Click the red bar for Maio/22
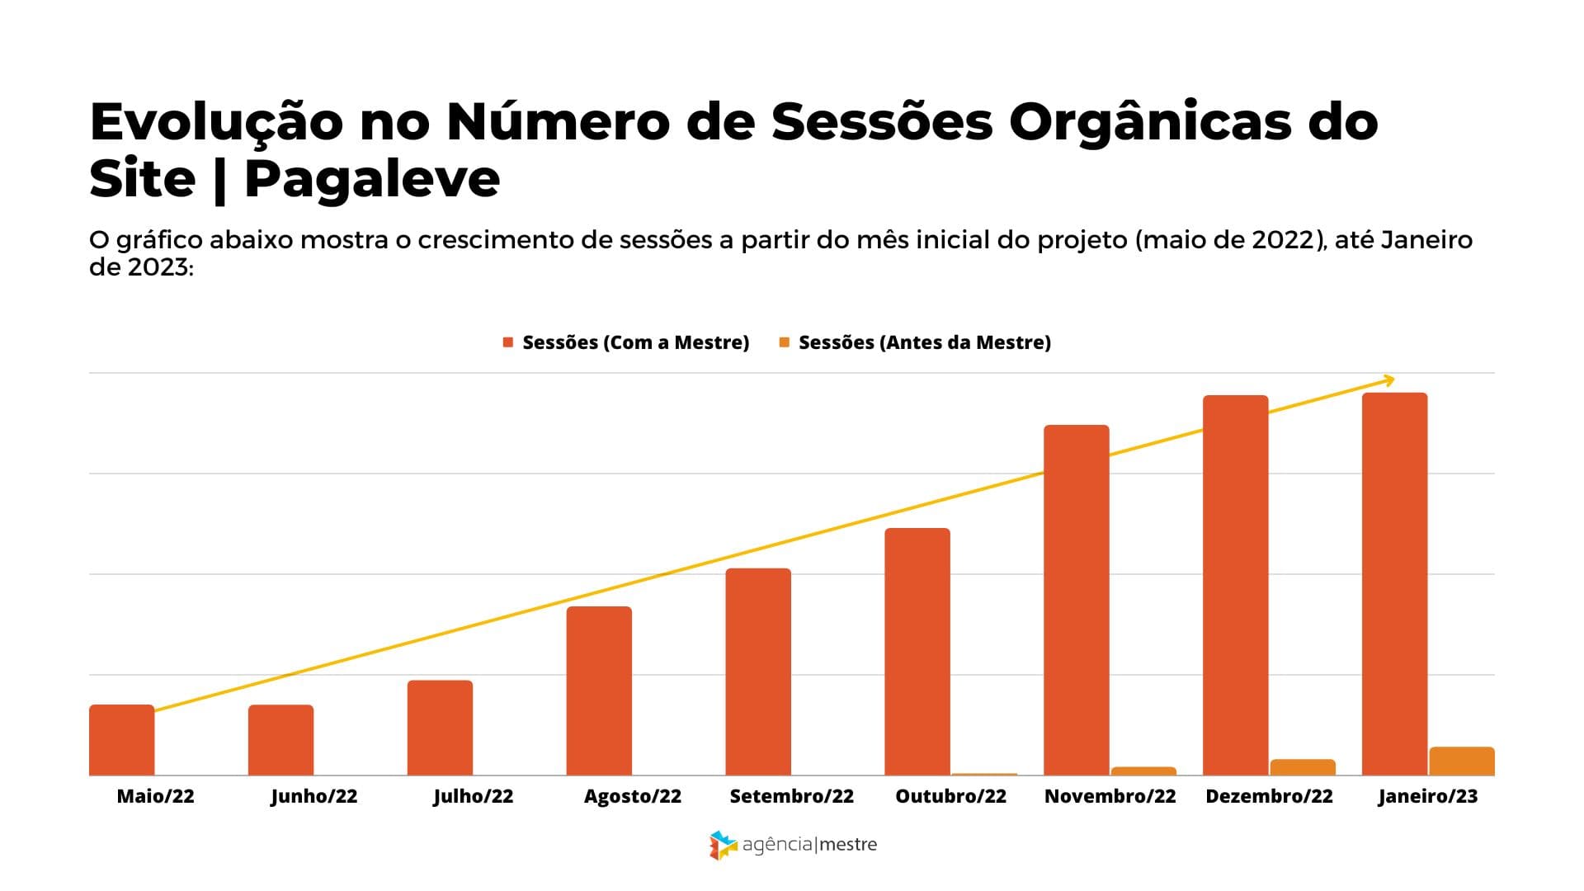122,740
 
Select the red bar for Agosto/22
599,691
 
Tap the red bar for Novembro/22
1077,600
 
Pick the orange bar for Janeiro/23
1462,761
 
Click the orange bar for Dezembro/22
1303,767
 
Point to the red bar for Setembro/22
758,672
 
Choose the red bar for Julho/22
440,728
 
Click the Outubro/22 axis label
951,796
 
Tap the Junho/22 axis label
314,796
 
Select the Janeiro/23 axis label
1428,796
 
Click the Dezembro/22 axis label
1269,796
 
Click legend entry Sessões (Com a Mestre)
635,342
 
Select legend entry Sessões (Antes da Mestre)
924,342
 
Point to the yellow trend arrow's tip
1393,379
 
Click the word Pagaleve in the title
373,178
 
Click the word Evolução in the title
216,122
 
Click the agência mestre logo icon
723,845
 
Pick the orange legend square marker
785,342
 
